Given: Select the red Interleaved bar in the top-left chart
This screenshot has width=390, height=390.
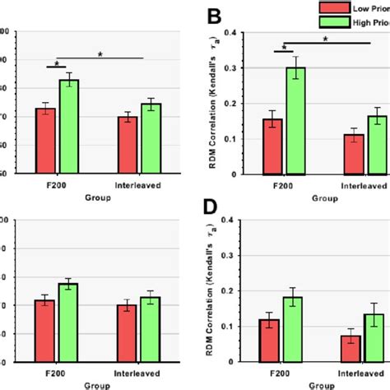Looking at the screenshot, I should [x=128, y=145].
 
